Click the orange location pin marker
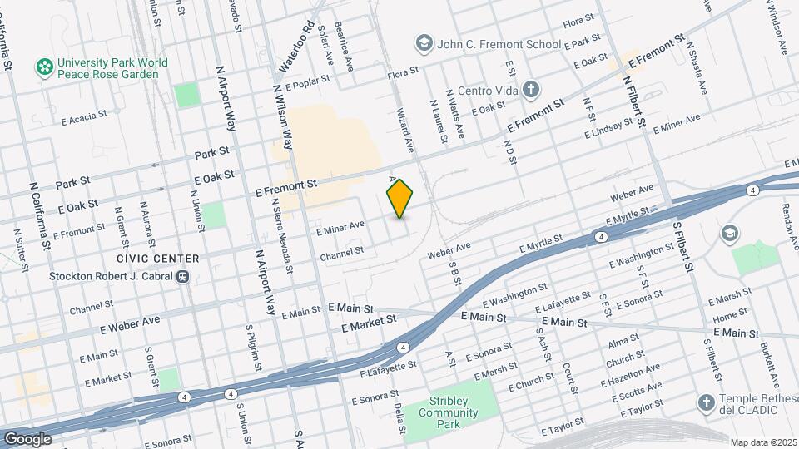tap(400, 199)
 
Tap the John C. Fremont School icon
tap(424, 42)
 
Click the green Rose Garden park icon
tap(42, 65)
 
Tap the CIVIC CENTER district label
tap(158, 259)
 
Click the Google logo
tap(27, 438)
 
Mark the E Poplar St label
tap(308, 84)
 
